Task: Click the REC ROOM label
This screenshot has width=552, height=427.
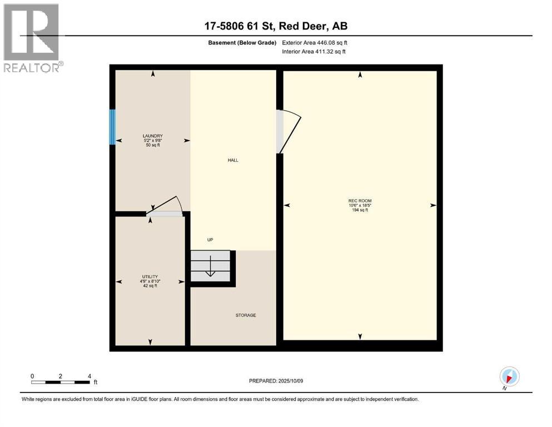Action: (360, 201)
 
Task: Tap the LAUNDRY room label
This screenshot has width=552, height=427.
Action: (152, 136)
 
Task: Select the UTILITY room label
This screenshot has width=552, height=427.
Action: (150, 276)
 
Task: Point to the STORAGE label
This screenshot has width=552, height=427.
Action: (246, 315)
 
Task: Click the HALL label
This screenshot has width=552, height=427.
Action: (233, 160)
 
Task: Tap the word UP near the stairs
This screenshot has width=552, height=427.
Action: (210, 240)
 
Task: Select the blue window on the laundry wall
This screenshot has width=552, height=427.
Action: (112, 127)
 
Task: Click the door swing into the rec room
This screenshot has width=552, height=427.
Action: (288, 131)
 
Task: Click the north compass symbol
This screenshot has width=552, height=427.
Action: (509, 376)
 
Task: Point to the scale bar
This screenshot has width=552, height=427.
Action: (61, 382)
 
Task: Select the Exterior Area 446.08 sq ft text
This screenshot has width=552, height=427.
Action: (315, 42)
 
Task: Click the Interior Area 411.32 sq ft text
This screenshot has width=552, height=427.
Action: (314, 52)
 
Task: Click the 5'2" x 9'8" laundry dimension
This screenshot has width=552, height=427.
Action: (152, 141)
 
